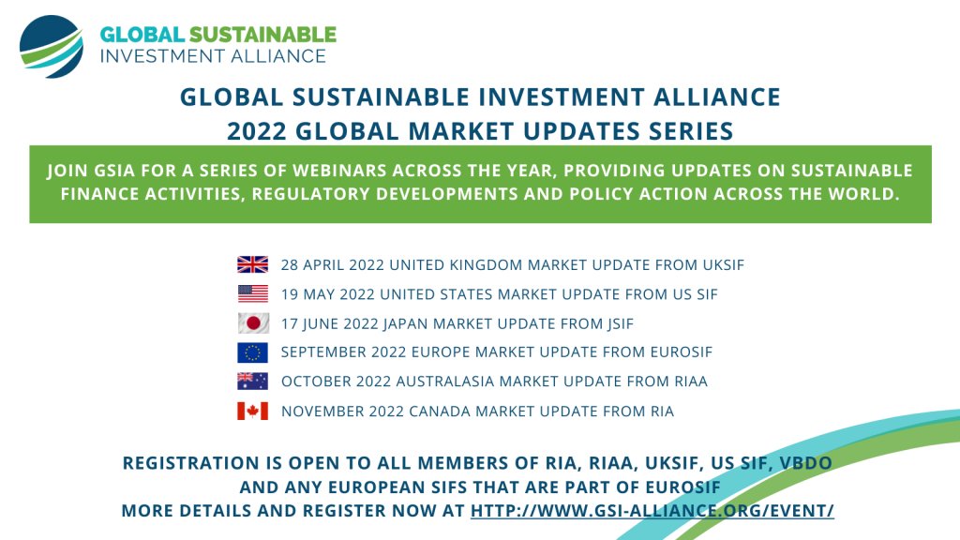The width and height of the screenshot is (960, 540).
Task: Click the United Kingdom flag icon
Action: (252, 264)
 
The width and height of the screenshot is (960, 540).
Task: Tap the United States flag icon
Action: (252, 294)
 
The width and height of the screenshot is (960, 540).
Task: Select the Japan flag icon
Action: (252, 323)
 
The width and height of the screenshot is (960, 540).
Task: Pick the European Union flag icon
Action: (252, 352)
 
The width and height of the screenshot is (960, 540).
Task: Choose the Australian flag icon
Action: (252, 382)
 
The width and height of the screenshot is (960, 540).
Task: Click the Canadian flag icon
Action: (252, 411)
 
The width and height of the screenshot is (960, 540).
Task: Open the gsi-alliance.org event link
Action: (652, 511)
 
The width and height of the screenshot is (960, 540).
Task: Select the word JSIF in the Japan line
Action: (615, 324)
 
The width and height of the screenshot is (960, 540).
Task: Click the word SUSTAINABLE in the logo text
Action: (262, 35)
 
